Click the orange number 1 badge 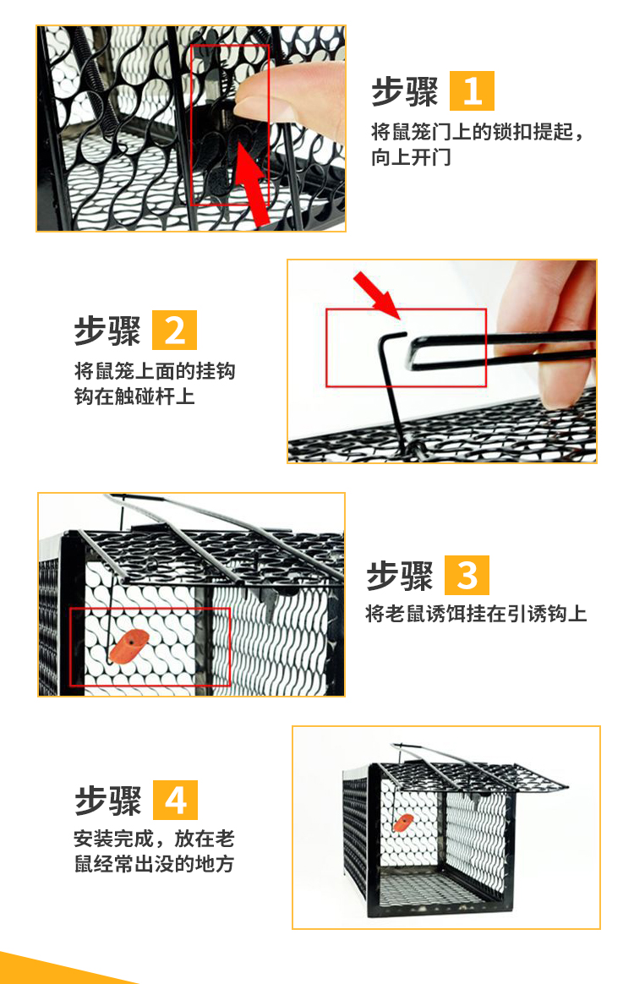472,91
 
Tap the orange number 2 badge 174,330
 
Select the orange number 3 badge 467,575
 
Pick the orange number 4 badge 175,800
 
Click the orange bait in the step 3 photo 128,647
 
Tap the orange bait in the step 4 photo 403,822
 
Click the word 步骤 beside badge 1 404,91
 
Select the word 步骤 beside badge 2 107,331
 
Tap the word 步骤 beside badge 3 400,576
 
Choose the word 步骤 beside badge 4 108,801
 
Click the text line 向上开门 411,157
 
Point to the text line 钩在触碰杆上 134,396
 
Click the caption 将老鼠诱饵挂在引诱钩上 477,613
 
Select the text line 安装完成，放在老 155,839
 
